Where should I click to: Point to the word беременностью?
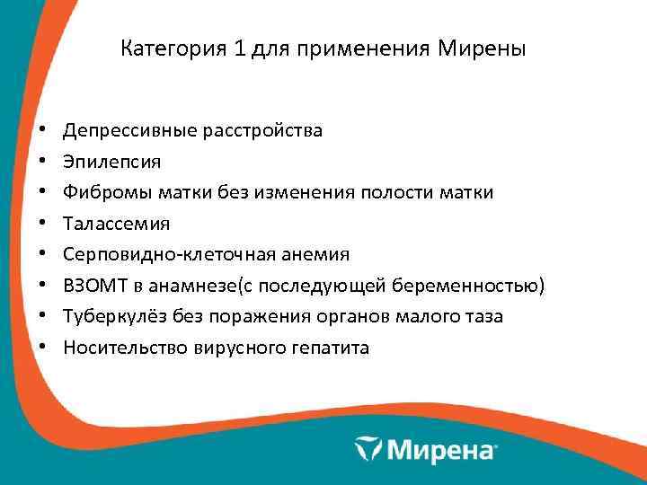coord(474,286)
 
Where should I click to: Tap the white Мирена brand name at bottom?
coord(440,448)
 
